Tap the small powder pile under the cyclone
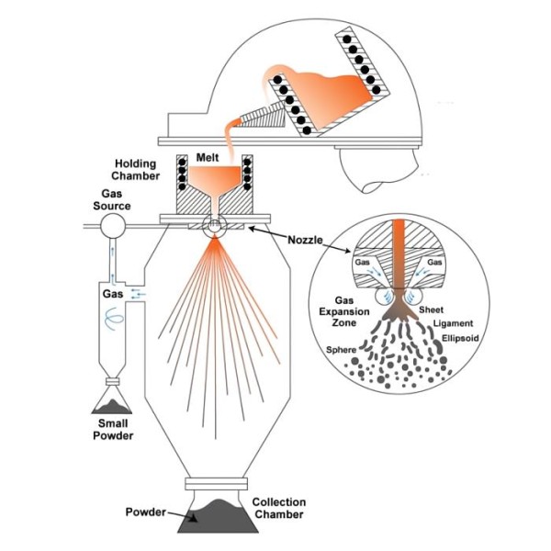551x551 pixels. pyautogui.click(x=112, y=402)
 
